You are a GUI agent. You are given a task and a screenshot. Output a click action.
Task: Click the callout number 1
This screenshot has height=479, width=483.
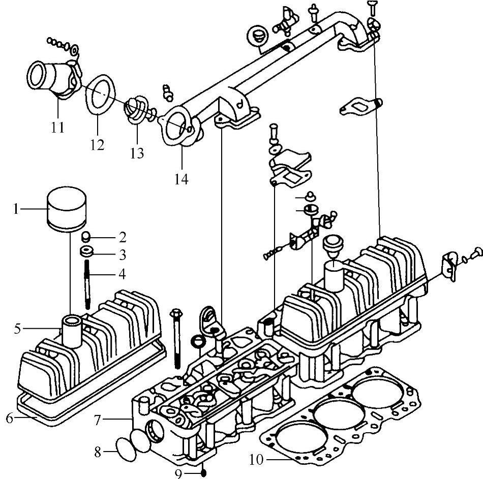pos(16,209)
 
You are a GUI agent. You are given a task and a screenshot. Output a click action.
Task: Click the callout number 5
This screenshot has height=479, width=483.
pos(17,329)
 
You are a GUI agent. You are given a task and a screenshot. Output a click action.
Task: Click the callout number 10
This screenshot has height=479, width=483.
pos(257,461)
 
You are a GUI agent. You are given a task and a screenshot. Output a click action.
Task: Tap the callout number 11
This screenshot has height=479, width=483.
pos(57,126)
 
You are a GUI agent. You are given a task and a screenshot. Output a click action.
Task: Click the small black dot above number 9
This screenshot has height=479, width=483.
pos(203,473)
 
